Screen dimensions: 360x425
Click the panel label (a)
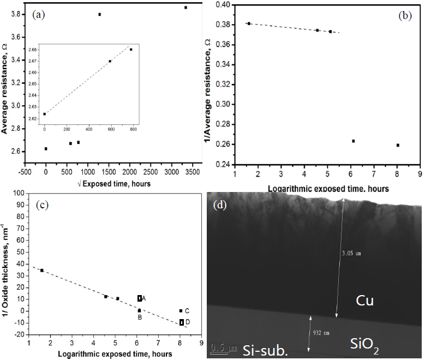pos(39,15)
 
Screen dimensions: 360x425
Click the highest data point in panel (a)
pos(185,8)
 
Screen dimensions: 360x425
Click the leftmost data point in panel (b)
pos(249,23)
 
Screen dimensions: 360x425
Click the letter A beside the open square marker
pos(144,298)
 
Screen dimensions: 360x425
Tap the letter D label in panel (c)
pos(188,322)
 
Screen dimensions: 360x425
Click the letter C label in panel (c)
pos(187,310)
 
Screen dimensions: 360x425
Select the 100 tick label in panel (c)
pos(20,193)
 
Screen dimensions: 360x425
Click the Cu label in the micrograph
pos(364,301)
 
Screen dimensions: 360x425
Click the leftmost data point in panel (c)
pos(42,270)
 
